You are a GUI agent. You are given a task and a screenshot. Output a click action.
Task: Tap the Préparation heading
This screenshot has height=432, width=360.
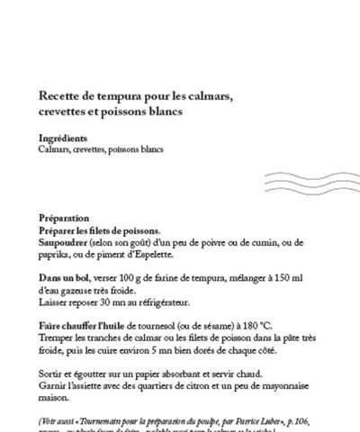coord(65,218)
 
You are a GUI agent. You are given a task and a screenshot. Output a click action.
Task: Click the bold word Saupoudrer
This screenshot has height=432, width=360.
coord(68,242)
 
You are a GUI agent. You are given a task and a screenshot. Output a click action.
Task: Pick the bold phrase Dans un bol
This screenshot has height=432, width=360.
coord(64,282)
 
